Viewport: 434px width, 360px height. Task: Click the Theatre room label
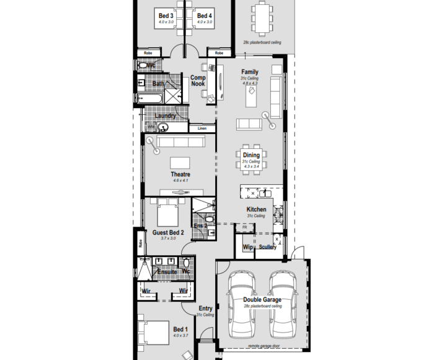click(x=180, y=174)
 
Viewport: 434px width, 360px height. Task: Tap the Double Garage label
click(x=262, y=300)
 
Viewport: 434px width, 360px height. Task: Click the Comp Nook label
click(x=198, y=81)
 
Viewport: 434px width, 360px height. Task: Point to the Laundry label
click(x=165, y=115)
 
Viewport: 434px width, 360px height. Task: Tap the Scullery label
click(x=268, y=247)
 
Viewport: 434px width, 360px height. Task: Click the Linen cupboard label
click(x=201, y=128)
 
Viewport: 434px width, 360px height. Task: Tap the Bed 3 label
click(x=166, y=16)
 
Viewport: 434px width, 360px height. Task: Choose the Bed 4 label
click(x=205, y=16)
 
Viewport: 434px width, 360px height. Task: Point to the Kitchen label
click(x=256, y=210)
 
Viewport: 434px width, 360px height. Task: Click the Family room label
click(x=250, y=72)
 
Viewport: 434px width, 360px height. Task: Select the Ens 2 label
click(x=201, y=226)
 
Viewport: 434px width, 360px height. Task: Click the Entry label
click(x=205, y=308)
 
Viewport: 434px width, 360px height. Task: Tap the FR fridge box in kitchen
click(x=244, y=228)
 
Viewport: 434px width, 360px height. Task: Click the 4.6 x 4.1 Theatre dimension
click(x=180, y=181)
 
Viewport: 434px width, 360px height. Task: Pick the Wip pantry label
click(x=248, y=247)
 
